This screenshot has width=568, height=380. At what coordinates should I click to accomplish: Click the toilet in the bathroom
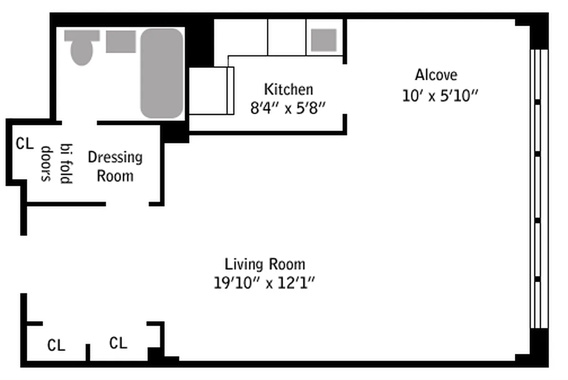(x=82, y=47)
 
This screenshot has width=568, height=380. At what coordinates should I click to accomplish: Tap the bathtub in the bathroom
(x=161, y=73)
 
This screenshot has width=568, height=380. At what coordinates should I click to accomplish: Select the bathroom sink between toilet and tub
(x=121, y=41)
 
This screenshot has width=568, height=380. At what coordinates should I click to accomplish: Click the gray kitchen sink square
(x=324, y=40)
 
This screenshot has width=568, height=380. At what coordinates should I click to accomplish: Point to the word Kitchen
(x=288, y=89)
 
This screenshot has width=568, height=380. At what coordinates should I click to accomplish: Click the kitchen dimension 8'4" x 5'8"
(x=288, y=108)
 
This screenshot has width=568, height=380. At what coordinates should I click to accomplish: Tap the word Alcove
(x=436, y=75)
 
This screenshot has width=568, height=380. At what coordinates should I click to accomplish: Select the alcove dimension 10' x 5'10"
(x=440, y=96)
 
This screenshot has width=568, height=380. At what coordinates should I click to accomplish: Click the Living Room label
(x=265, y=264)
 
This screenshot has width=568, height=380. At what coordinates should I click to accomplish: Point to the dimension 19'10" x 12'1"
(x=265, y=283)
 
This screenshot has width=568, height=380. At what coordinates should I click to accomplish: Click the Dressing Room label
(x=115, y=167)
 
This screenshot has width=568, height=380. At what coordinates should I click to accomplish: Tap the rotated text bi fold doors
(x=57, y=164)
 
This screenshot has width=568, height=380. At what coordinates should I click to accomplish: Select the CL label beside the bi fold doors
(x=25, y=143)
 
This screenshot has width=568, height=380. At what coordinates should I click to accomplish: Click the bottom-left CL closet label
(x=56, y=345)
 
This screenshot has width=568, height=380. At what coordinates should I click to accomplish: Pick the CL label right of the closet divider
(x=118, y=342)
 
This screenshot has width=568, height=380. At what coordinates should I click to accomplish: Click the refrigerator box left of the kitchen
(x=211, y=91)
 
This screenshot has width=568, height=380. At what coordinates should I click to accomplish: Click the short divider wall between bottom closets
(x=88, y=352)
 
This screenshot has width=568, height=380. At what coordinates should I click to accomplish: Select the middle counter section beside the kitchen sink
(x=287, y=38)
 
